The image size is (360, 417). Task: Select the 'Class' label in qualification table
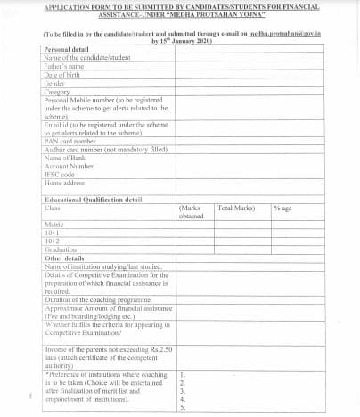click(53, 208)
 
